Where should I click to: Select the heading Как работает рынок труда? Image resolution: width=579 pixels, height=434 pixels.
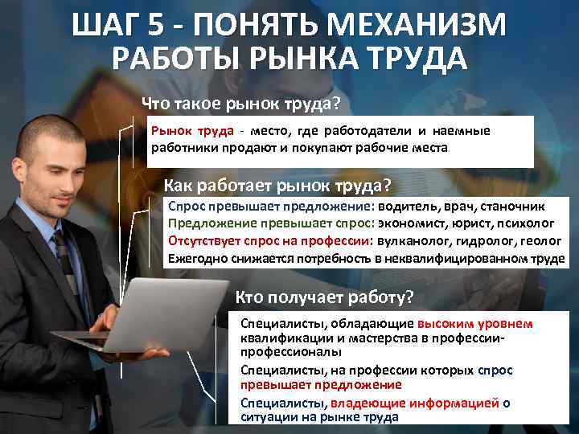click(277, 185)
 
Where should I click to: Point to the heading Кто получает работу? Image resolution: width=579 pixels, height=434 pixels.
click(323, 298)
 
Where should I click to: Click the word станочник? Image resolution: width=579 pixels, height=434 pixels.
click(512, 206)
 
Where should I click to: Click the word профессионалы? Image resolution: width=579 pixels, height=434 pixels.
click(287, 353)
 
